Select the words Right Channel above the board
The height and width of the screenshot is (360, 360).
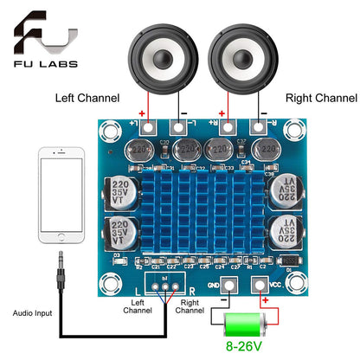click(321, 97)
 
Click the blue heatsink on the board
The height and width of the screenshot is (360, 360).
click(201, 209)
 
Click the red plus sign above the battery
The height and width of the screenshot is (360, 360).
click(265, 304)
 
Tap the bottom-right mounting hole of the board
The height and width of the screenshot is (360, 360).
click(295, 283)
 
